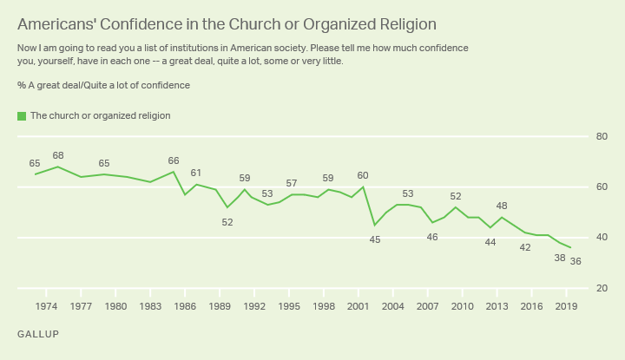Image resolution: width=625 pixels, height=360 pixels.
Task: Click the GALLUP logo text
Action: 38,333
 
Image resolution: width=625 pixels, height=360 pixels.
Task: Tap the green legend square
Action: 22,115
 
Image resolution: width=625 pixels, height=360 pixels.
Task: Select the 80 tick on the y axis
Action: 600,137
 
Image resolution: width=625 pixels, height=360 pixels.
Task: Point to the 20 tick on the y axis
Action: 600,288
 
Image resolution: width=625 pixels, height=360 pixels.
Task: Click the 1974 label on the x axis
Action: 47,306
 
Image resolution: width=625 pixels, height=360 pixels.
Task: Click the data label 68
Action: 58,155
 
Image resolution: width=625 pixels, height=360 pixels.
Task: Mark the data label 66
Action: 174,160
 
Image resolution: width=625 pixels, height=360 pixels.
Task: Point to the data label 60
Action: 363,176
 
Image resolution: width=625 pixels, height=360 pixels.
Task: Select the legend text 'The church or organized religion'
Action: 100,115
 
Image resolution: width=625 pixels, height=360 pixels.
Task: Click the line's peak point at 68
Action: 58,167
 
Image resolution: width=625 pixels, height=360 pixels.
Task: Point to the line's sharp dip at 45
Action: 374,226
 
